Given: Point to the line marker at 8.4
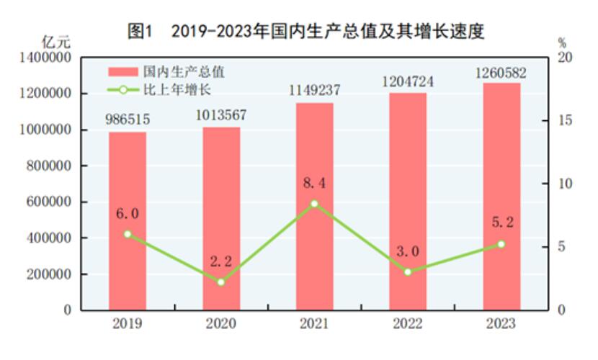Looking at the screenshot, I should [x=314, y=204].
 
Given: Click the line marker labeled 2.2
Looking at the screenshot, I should [x=220, y=282].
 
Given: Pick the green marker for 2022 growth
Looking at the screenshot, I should [x=408, y=271].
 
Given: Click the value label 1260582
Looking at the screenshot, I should [x=501, y=73].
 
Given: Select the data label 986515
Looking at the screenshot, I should [x=128, y=121].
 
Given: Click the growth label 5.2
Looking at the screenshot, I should [x=501, y=223].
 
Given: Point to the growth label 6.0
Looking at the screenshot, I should [x=128, y=214].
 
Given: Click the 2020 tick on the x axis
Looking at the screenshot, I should [x=220, y=324].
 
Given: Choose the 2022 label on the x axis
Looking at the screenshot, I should [x=408, y=324].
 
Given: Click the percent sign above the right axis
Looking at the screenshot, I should [x=562, y=42].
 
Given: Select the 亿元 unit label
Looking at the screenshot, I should [x=57, y=42].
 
